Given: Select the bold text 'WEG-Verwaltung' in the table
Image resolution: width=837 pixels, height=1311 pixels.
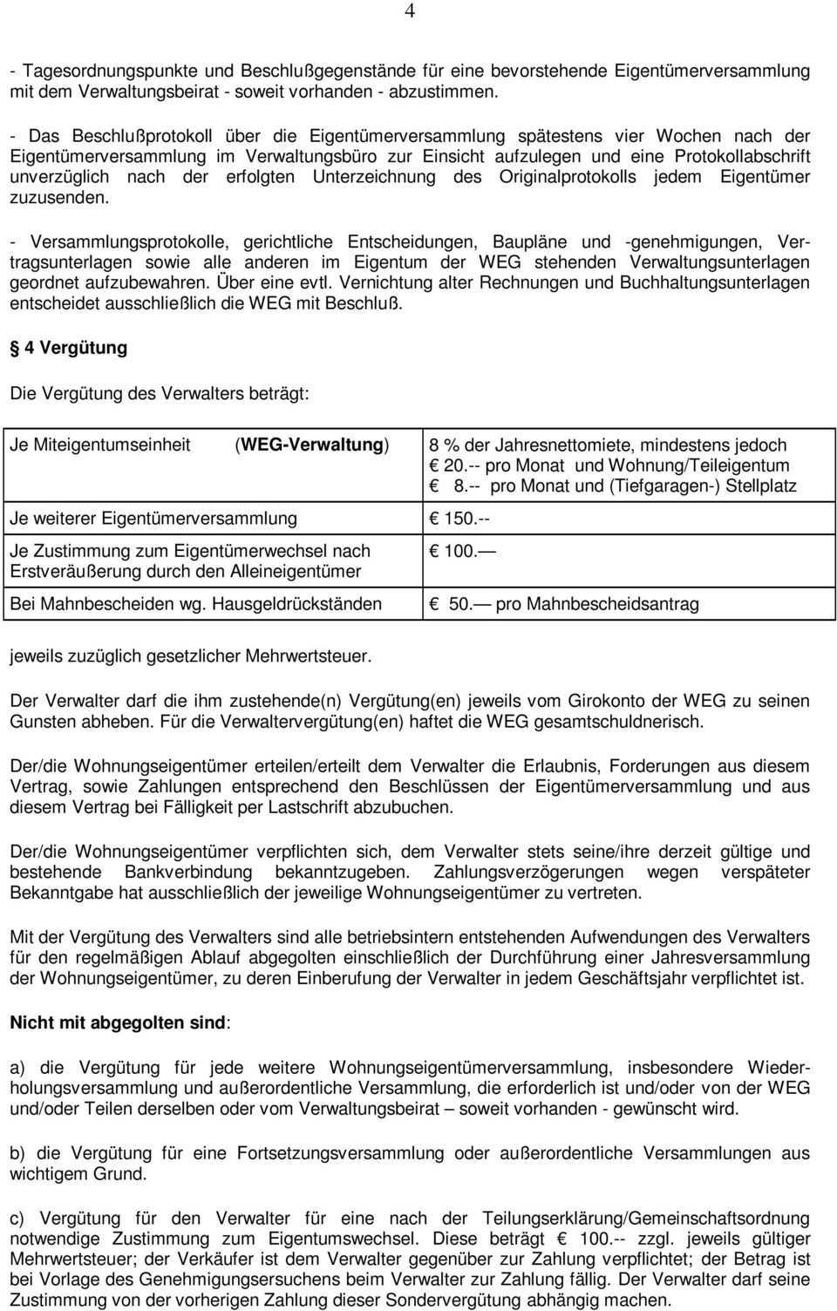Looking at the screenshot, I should point(312,445).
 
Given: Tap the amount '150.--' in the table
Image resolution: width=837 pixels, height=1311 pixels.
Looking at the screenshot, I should point(467,519).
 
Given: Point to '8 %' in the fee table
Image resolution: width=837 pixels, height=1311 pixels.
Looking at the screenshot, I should point(444,445).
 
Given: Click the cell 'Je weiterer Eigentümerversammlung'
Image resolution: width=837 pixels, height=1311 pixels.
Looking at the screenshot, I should point(153,519).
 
